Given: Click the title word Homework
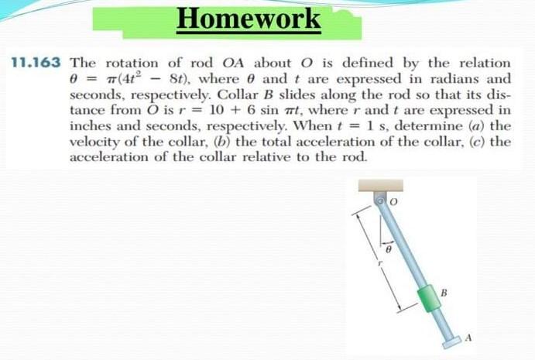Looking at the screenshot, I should (x=247, y=18).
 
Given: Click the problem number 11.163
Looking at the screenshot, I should (x=36, y=63).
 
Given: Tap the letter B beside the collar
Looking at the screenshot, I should (x=445, y=293).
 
